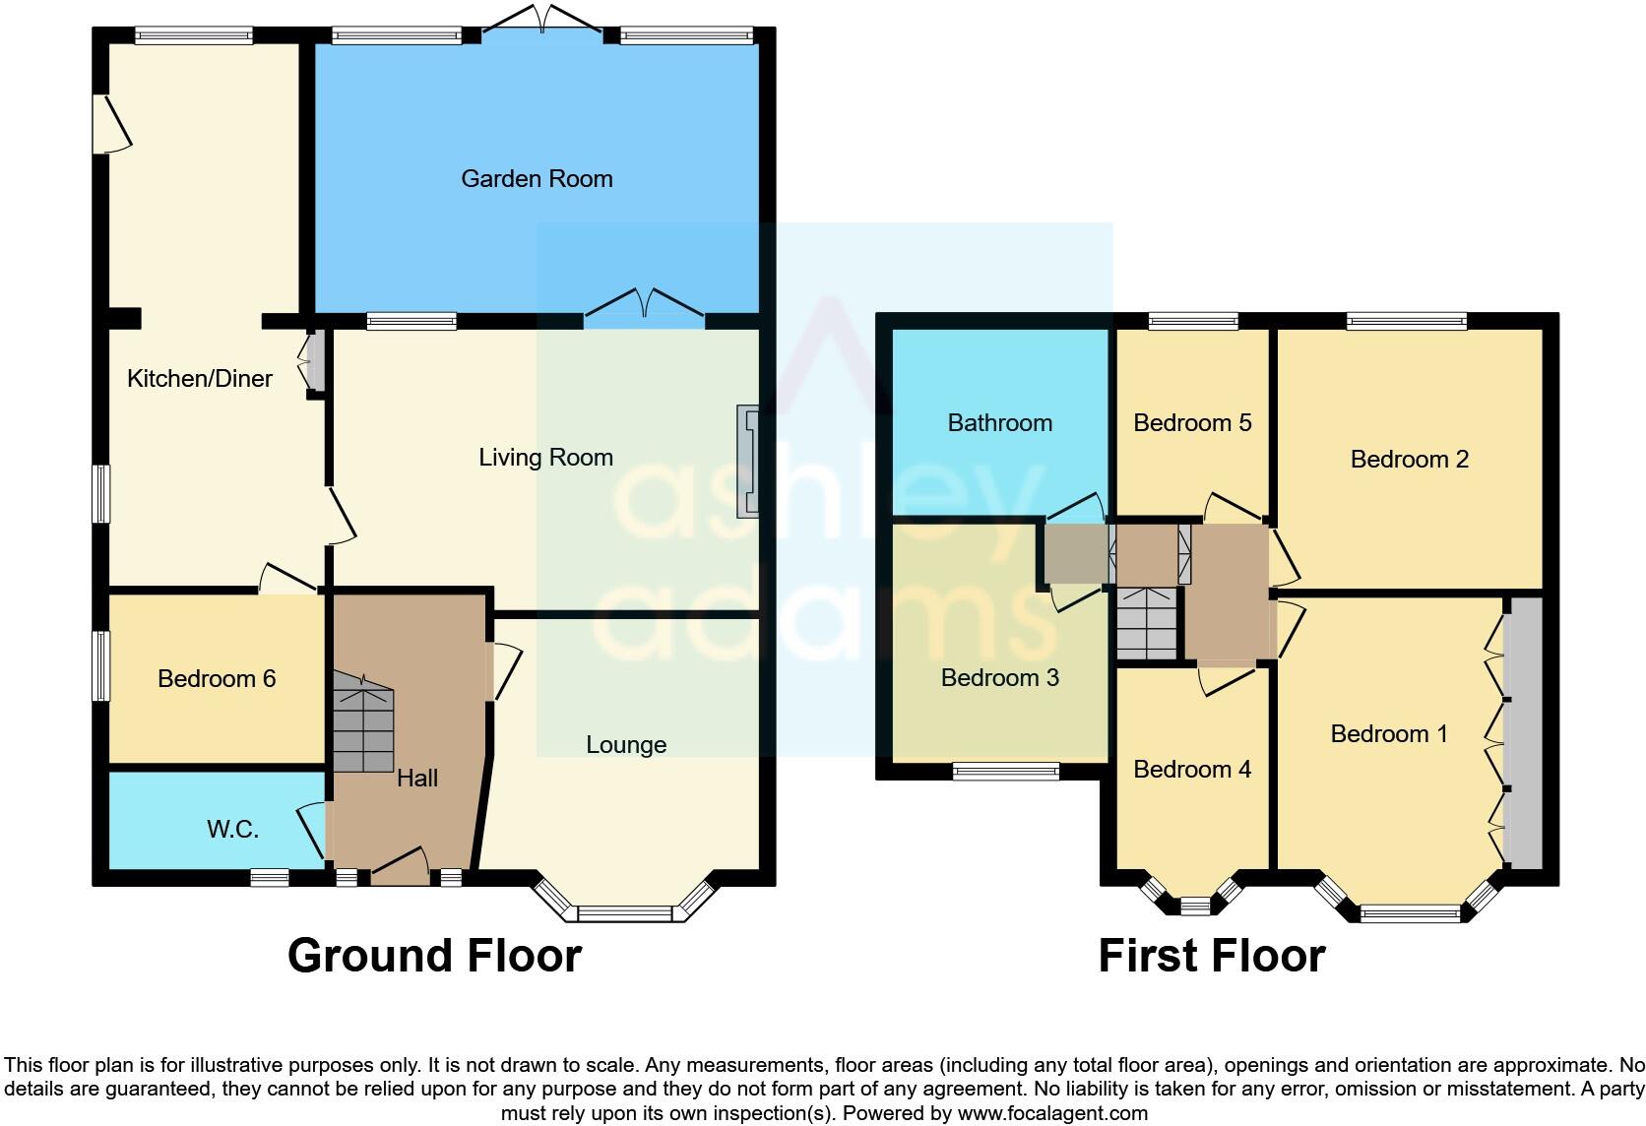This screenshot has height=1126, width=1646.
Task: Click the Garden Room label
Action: [x=537, y=179]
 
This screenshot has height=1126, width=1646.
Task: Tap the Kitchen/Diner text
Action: [x=200, y=379]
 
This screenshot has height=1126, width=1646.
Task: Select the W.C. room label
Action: [x=232, y=830]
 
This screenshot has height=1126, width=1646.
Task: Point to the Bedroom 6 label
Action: [x=217, y=678]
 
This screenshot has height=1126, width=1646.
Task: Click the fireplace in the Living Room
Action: [x=749, y=462]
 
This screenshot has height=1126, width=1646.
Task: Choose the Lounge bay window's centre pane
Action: [x=623, y=913]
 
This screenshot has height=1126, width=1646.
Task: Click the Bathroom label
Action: [x=999, y=423]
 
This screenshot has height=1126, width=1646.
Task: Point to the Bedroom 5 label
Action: [x=1192, y=423]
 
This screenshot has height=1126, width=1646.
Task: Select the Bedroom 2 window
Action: [x=1406, y=320]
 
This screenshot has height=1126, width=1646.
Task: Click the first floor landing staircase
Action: [x=1148, y=623]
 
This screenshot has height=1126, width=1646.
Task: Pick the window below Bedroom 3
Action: [x=1005, y=772]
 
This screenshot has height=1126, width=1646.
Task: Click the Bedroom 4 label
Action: [x=1192, y=770]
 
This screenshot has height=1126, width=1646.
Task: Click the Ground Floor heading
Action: [x=434, y=956]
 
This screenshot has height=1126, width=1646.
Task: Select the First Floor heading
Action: [x=1211, y=956]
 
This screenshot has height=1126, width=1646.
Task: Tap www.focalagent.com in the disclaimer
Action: [x=1052, y=1114]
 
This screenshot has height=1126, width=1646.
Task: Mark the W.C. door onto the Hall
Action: [x=313, y=829]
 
